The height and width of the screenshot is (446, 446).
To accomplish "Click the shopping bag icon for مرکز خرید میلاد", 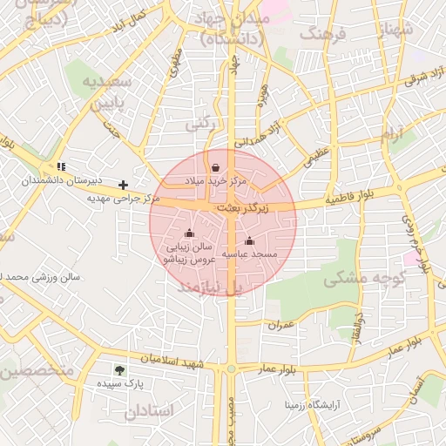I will click(215, 167).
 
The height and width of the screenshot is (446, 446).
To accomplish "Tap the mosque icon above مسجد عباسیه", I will click(249, 241).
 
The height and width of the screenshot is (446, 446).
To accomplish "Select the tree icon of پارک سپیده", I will click(119, 369).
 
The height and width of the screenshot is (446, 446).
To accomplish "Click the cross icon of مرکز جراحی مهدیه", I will click(124, 185).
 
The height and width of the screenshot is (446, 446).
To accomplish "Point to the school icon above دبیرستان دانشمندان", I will click(60, 166).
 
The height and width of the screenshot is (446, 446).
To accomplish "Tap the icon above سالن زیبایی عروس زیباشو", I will click(190, 233).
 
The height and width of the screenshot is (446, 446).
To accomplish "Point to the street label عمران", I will click(283, 324).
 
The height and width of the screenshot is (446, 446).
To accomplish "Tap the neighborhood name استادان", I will click(151, 410).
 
